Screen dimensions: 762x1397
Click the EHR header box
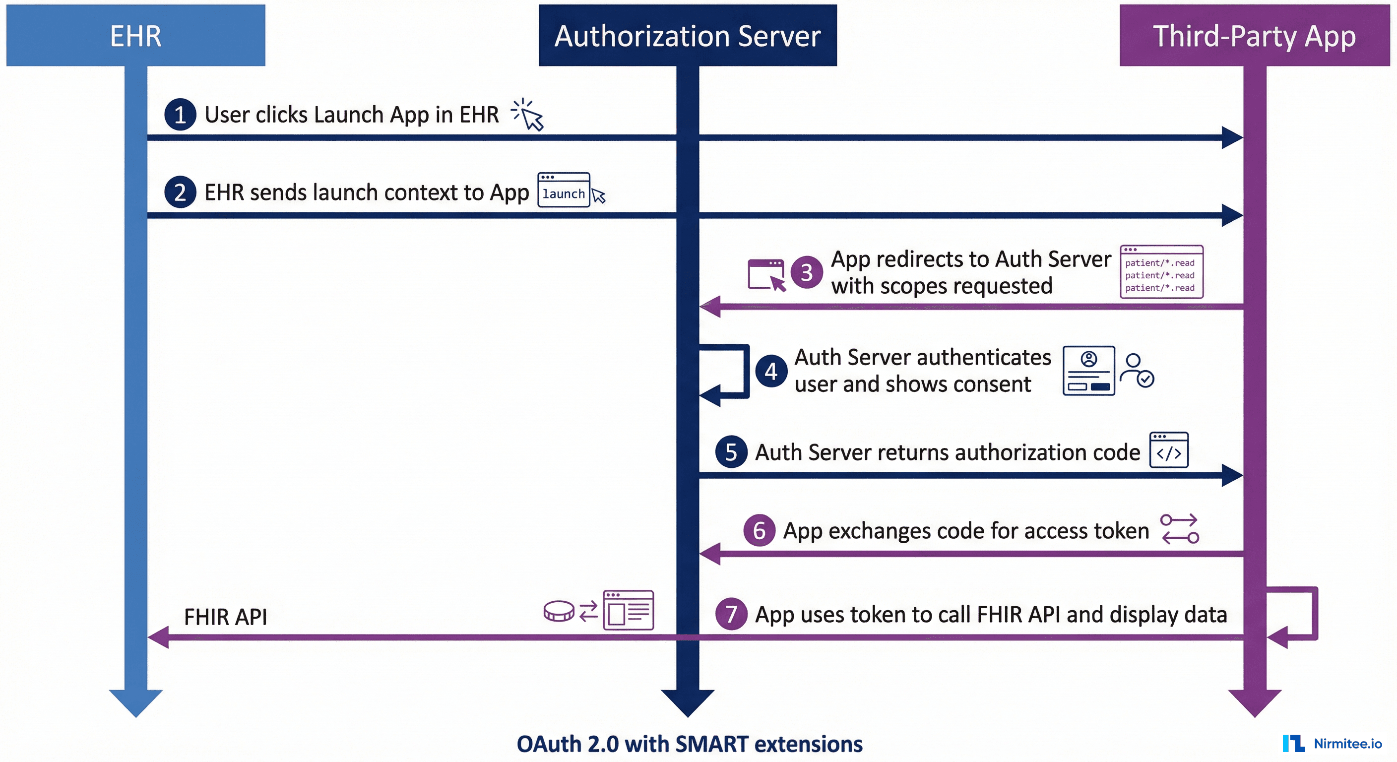tap(135, 36)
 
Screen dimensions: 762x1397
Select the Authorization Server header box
tap(687, 36)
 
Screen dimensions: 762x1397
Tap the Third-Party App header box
tap(1254, 36)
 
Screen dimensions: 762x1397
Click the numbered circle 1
tap(180, 115)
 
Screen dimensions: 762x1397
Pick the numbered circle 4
tap(770, 372)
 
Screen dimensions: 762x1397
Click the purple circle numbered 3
tap(807, 272)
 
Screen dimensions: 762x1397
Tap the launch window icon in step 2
tap(564, 190)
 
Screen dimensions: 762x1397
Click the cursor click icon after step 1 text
tap(528, 115)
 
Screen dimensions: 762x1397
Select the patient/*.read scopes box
tap(1161, 272)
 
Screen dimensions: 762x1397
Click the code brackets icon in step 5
tap(1169, 450)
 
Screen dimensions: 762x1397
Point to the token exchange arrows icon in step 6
tap(1180, 529)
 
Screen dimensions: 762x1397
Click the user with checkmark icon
tap(1137, 371)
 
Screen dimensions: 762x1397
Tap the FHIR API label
tap(225, 617)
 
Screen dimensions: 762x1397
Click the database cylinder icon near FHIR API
tap(559, 611)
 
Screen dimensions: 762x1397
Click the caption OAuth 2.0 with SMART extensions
tap(689, 744)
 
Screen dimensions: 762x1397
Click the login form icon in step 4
tap(1088, 371)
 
